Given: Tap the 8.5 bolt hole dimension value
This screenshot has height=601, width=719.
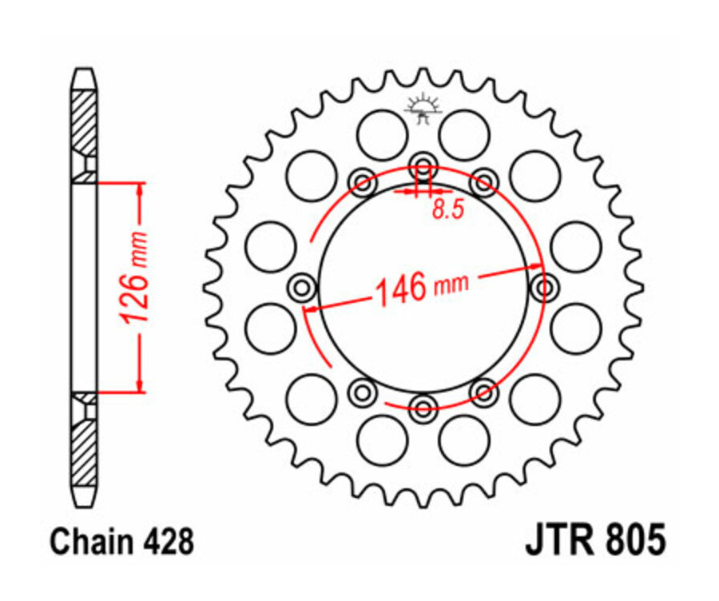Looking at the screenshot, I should pyautogui.click(x=447, y=210).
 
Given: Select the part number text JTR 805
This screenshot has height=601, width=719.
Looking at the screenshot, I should pyautogui.click(x=594, y=541).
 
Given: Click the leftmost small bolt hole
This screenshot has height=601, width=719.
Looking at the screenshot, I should pyautogui.click(x=302, y=287).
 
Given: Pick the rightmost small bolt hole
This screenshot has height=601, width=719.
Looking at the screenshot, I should pyautogui.click(x=545, y=287).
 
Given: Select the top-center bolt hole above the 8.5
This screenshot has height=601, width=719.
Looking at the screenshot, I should pyautogui.click(x=423, y=169).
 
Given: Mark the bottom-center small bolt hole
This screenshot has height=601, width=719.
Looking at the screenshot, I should pyautogui.click(x=423, y=408).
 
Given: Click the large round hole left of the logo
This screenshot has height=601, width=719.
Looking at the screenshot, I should pyautogui.click(x=382, y=135).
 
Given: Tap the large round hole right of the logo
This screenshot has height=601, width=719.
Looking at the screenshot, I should pyautogui.click(x=464, y=135).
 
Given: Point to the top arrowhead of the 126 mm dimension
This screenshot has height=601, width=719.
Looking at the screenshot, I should pyautogui.click(x=141, y=189).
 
